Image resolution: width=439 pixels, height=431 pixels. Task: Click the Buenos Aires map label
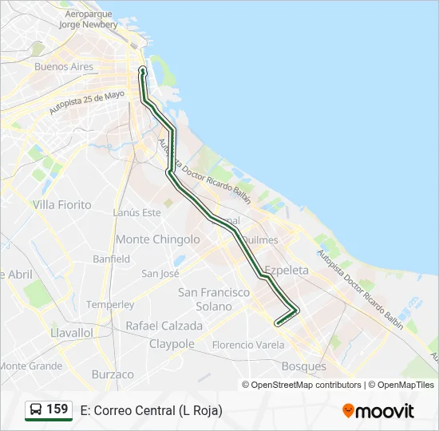click(64, 67)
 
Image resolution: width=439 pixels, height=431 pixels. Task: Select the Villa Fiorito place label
click(62, 205)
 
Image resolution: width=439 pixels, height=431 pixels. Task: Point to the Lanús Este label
click(136, 212)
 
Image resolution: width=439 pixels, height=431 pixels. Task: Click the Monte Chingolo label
click(158, 239)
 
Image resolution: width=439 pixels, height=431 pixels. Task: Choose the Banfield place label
click(111, 259)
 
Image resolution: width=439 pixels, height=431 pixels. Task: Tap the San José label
click(160, 273)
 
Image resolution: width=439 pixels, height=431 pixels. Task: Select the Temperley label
click(110, 305)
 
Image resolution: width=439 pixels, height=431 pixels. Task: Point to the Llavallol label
click(72, 332)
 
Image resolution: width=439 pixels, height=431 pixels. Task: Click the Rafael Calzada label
click(164, 326)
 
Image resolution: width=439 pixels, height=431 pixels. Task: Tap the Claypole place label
click(172, 344)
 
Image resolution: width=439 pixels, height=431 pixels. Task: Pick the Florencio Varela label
click(248, 345)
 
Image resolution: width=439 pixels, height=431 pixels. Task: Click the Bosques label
click(304, 366)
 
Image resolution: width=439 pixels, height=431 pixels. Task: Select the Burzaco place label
click(113, 374)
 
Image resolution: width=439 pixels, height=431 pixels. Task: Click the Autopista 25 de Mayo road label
click(87, 101)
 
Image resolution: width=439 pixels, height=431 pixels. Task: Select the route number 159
click(57, 409)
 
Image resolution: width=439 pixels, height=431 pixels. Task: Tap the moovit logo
click(378, 411)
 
